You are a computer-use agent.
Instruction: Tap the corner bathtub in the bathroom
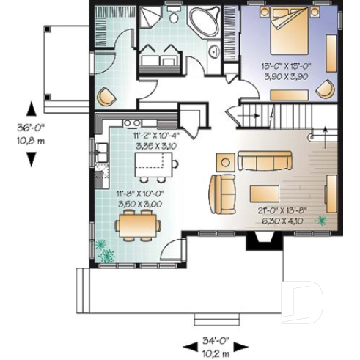coord(205,22)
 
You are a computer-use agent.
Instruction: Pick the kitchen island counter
coord(150,169)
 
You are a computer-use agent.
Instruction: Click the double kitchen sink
coord(131,122)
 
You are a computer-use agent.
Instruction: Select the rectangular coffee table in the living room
coord(265,194)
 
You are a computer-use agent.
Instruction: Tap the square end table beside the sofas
coord(225,161)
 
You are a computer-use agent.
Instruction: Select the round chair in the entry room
coord(107,96)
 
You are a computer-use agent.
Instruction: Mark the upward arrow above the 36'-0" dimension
coord(32,109)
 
